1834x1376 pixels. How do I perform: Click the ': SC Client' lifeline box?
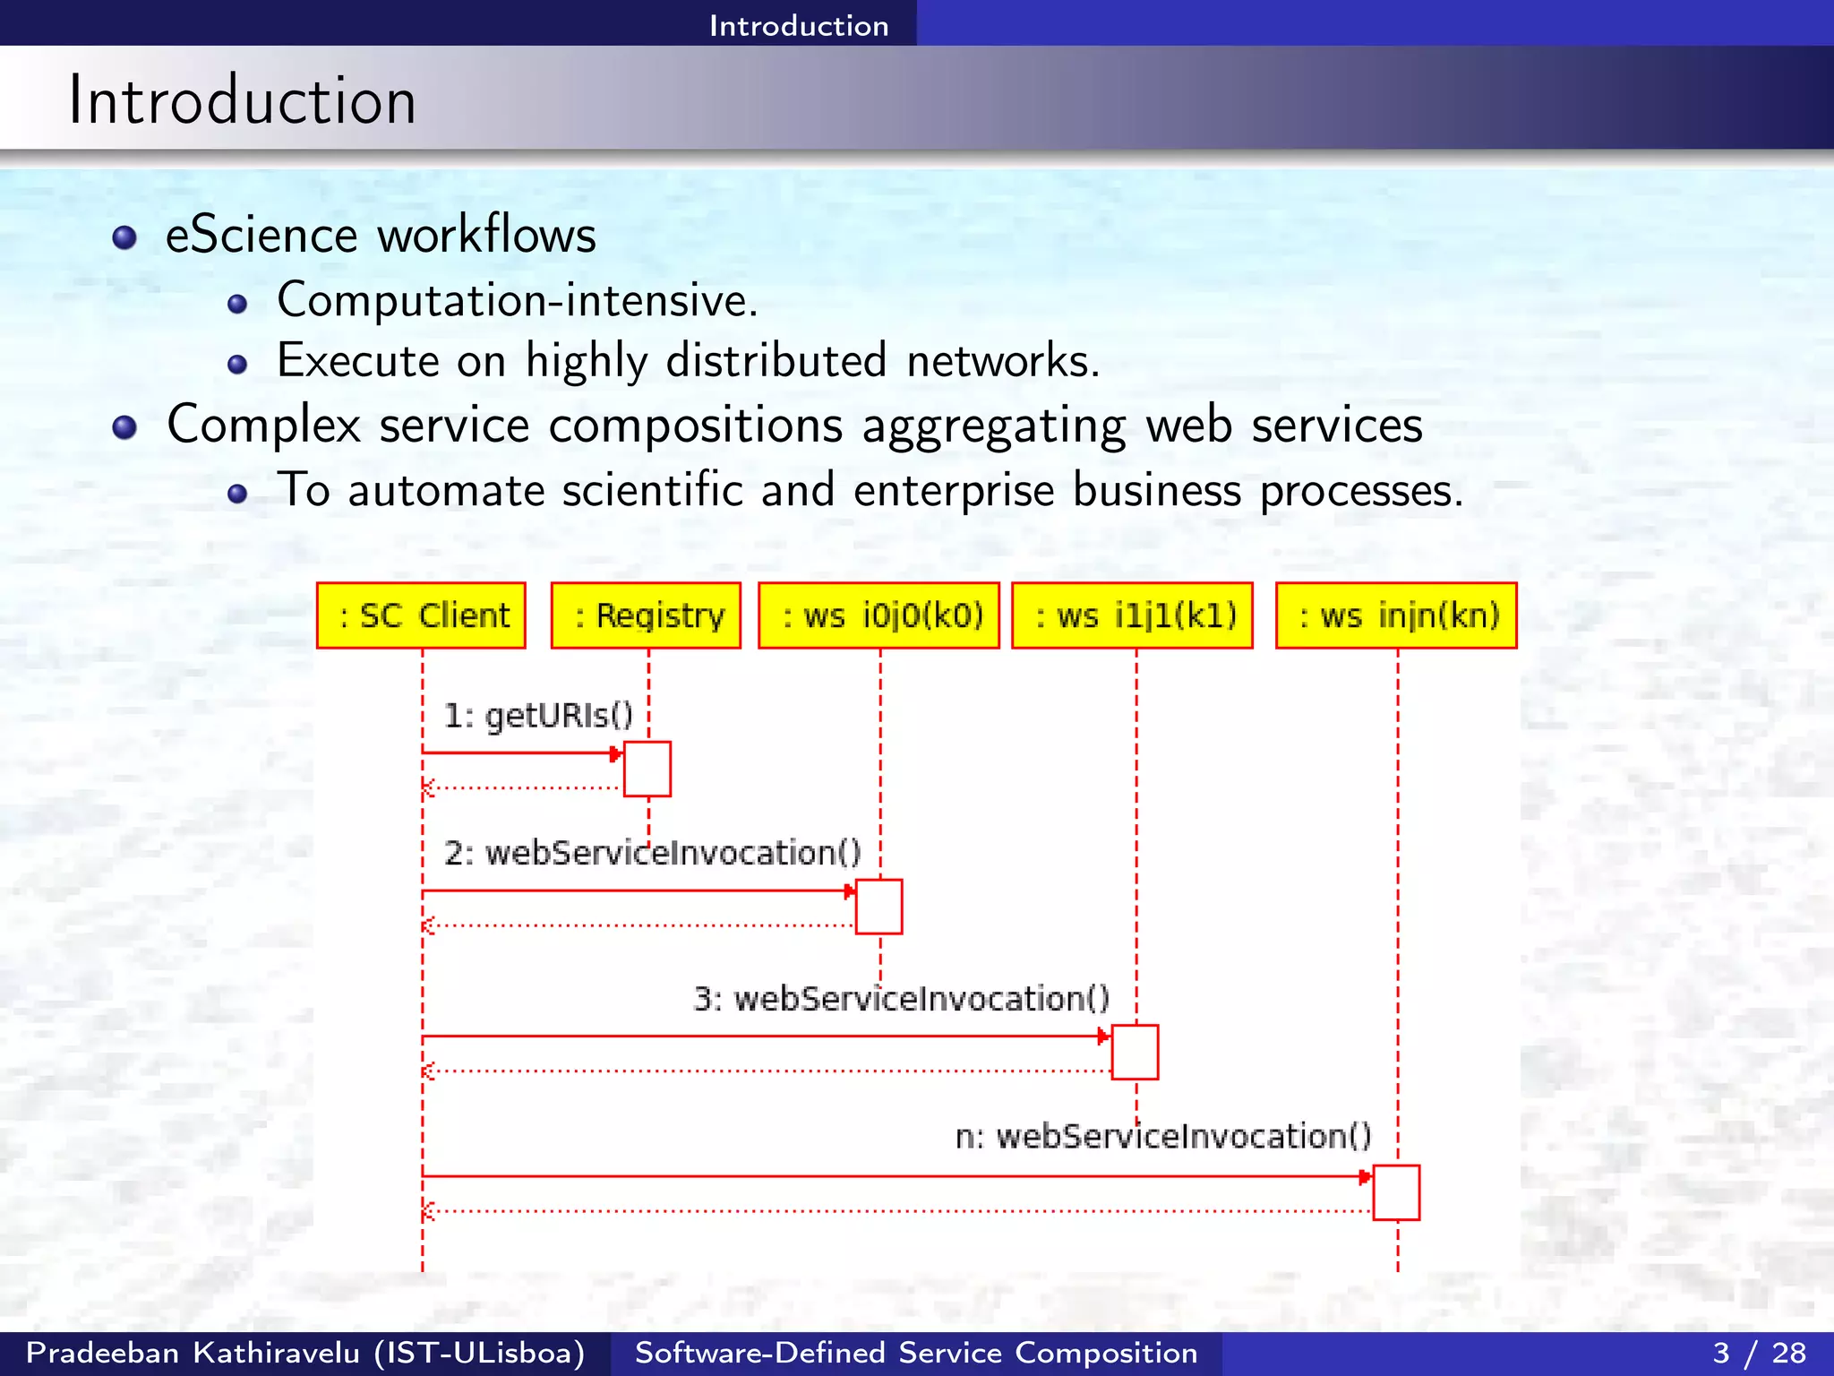tap(421, 615)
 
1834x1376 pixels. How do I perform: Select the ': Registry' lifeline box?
tap(646, 615)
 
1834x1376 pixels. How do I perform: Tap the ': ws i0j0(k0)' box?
tap(878, 615)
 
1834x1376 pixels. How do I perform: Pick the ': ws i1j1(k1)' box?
tap(1132, 615)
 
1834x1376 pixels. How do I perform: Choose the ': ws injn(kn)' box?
tap(1396, 615)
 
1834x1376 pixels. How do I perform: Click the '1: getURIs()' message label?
tap(538, 715)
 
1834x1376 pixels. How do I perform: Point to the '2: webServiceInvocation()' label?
tap(652, 852)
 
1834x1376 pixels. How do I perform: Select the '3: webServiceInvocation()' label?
tap(901, 998)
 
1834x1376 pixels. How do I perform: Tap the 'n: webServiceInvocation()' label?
tap(1162, 1136)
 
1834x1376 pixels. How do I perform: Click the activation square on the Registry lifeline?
tap(647, 769)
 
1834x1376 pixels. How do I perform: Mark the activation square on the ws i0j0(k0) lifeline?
tap(878, 907)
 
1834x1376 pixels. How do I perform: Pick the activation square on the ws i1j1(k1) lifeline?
tap(1135, 1052)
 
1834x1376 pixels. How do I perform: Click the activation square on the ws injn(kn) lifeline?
tap(1396, 1192)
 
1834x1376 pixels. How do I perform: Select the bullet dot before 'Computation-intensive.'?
tap(237, 305)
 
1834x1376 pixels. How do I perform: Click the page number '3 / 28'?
tap(1759, 1353)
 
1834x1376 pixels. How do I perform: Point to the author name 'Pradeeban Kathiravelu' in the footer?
tap(193, 1353)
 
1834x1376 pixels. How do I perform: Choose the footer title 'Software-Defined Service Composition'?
tap(915, 1353)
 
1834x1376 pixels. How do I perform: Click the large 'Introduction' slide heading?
tap(242, 100)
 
